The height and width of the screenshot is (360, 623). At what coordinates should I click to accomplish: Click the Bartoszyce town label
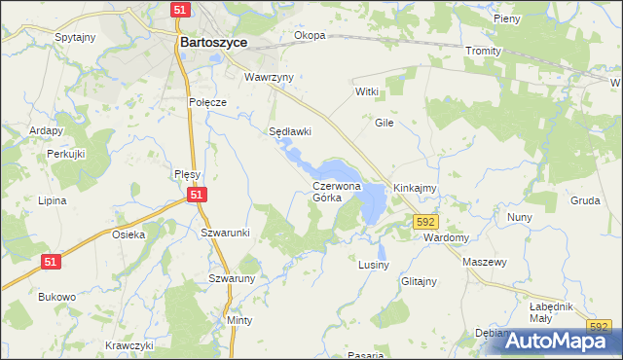213,43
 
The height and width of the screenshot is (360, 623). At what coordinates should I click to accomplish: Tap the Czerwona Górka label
337,191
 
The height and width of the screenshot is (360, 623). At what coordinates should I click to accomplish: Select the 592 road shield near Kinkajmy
425,222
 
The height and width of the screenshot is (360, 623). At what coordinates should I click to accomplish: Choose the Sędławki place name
289,131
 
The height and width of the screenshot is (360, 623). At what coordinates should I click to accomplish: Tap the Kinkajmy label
414,187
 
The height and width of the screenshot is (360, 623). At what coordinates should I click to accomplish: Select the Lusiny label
374,265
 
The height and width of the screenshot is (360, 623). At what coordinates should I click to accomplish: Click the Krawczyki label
130,345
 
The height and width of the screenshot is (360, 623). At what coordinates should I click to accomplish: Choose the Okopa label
310,36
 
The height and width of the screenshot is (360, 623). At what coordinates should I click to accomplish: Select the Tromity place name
483,51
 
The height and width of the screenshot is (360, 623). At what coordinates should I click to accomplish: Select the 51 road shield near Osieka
54,260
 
